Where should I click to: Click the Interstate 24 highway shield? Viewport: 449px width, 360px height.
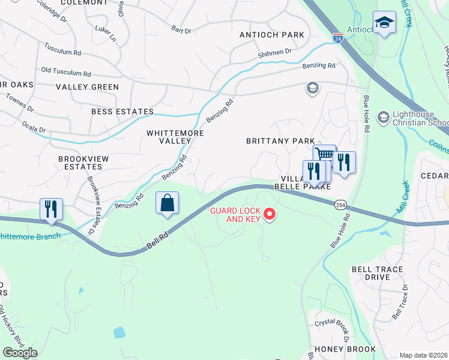(x=339, y=38)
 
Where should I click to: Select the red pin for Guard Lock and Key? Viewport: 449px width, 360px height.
(x=270, y=213)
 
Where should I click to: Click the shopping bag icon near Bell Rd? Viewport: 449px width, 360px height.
(x=167, y=203)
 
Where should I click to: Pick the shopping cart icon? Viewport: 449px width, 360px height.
(x=324, y=155)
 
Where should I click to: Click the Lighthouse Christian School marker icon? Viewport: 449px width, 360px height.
(x=382, y=115)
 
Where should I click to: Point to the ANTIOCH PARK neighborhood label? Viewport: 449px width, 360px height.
(x=272, y=35)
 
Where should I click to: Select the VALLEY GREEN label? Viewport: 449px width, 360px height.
(x=88, y=87)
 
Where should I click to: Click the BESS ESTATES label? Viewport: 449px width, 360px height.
(x=122, y=112)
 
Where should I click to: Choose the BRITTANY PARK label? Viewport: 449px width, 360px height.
(x=280, y=141)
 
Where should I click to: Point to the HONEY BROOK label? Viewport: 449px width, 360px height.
(x=345, y=349)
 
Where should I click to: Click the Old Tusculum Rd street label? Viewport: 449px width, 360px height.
(x=65, y=73)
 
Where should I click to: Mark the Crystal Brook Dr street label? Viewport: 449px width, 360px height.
(x=332, y=325)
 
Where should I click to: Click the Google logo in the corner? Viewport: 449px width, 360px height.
(x=20, y=353)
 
